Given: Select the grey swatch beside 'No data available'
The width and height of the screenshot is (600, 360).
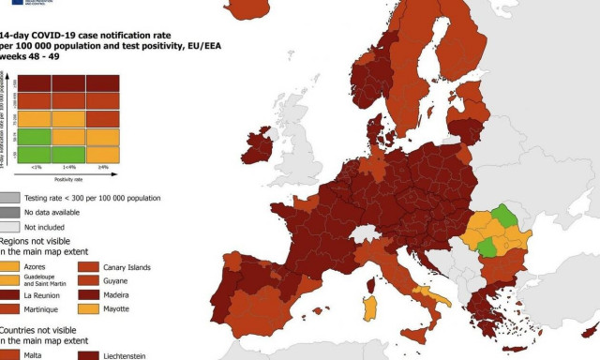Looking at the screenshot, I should tap(11, 213).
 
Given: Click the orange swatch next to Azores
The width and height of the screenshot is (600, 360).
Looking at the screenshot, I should tap(11, 266).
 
